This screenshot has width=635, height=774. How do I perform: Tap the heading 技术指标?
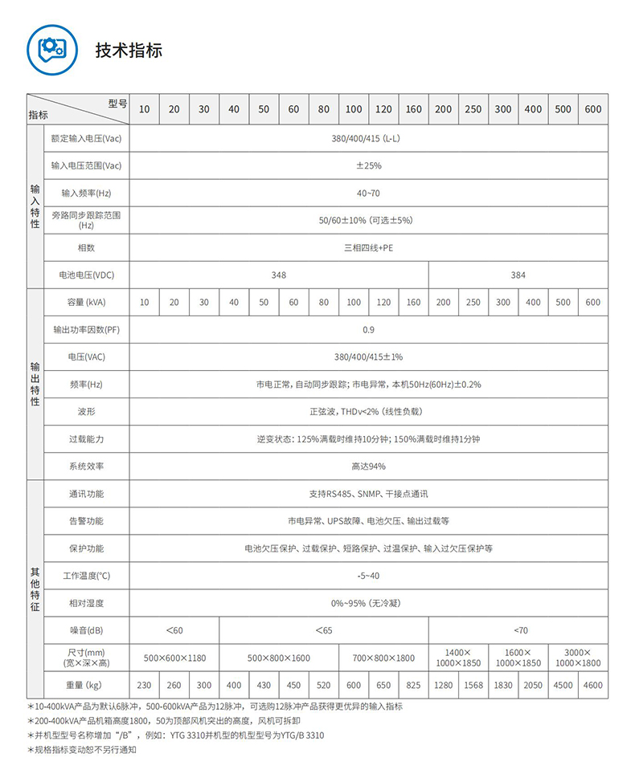pos(129,50)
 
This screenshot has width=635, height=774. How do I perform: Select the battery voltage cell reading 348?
pos(278,275)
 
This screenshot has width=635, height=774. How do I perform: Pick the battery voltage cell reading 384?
pos(518,275)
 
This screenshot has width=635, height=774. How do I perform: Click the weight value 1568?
pos(473,685)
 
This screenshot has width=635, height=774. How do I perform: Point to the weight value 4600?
pos(593,685)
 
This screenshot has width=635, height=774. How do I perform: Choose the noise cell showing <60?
pos(174,630)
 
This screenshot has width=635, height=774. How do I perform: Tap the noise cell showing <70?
pos(519,630)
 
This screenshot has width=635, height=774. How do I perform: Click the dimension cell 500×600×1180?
pos(174,658)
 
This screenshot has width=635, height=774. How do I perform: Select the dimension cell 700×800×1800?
pos(383,658)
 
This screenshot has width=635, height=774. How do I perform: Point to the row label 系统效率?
pos(86,466)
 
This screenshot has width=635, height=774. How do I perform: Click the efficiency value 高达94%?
pos(368,466)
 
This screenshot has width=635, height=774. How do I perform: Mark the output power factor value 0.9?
pos(368,329)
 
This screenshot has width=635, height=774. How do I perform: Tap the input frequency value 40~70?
pos(368,193)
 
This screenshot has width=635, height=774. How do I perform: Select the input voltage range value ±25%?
pos(368,165)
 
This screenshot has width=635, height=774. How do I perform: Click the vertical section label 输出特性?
pos(35,384)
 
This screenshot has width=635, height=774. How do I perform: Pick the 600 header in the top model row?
pos(593,109)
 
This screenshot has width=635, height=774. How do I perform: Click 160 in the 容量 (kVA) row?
pos(413,302)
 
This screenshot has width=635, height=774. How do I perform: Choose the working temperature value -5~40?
pos(368,576)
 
